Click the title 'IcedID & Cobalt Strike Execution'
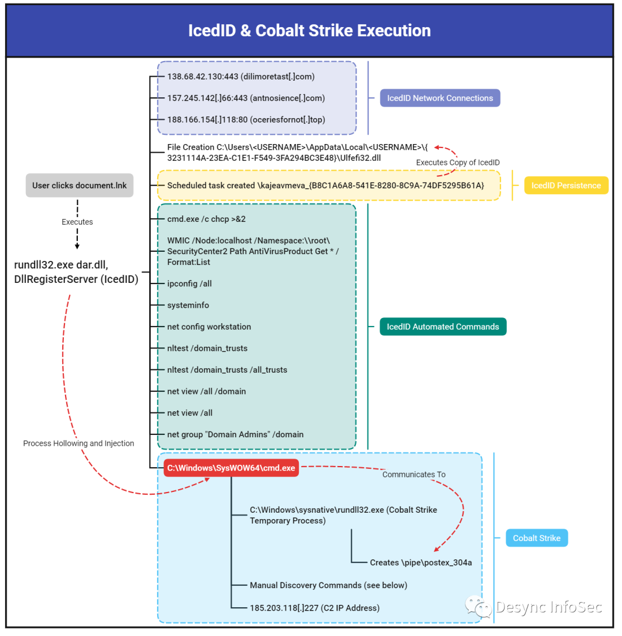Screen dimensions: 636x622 coord(309,31)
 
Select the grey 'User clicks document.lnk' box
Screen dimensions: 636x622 coord(79,185)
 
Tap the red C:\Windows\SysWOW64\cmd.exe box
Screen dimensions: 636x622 coord(231,468)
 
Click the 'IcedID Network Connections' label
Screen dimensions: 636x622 coord(440,98)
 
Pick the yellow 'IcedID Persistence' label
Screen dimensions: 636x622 coord(566,185)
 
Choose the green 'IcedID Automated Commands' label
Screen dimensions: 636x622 coord(443,327)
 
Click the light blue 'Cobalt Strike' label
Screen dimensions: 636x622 coord(537,538)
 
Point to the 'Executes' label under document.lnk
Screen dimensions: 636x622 coord(77,222)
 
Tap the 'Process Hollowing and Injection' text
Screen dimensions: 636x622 coord(78,444)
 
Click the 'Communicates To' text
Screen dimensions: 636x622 coord(414,475)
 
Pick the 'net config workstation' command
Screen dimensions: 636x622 coord(209,327)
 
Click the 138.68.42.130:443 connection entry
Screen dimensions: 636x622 coord(241,76)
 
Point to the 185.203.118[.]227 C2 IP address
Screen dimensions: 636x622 coord(314,608)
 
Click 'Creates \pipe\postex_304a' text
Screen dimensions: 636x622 coord(421,562)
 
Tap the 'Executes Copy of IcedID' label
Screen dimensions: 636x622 coord(458,162)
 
